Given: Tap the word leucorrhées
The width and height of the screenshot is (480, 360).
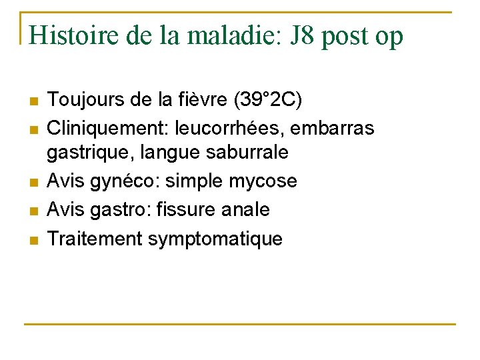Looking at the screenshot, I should (235, 127).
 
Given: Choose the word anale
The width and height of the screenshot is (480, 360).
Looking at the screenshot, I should (245, 210).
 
